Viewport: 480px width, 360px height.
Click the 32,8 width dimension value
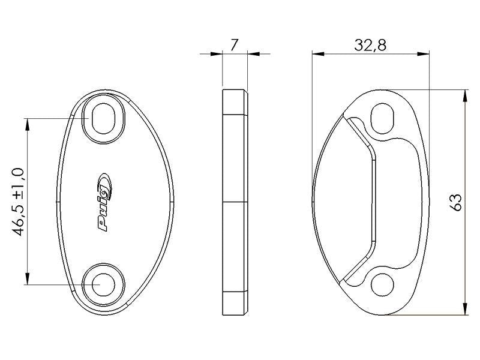(x=370, y=46)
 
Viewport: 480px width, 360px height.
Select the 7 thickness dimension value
(x=234, y=46)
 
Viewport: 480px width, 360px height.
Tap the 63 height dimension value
(x=456, y=202)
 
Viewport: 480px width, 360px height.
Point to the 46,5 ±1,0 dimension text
(x=19, y=202)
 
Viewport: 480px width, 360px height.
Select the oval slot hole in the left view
(x=103, y=118)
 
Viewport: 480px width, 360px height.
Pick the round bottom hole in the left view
(x=103, y=285)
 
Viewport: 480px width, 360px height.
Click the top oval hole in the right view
(x=382, y=118)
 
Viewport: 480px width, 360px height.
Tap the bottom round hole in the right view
(x=382, y=285)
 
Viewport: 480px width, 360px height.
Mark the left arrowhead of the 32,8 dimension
(x=318, y=54)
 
